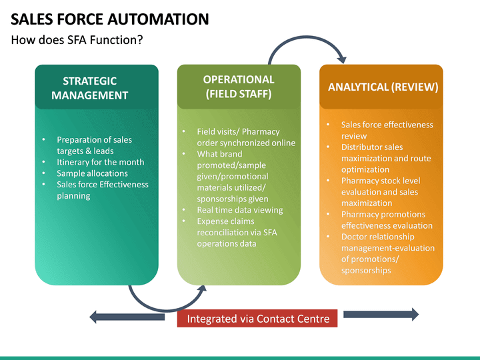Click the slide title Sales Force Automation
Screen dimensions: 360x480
110,19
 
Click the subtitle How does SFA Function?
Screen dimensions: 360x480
77,40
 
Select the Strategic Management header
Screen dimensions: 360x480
90,88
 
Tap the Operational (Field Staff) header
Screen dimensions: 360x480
239,87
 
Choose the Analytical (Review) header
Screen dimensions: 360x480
383,87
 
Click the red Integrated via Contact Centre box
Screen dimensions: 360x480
258,319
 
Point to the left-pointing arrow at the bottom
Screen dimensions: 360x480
127,316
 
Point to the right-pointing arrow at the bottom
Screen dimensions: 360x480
381,314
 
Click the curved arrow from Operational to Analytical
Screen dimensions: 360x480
307,47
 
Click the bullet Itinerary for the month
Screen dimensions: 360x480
100,162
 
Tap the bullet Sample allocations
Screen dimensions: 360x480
92,173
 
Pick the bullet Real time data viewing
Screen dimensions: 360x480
239,210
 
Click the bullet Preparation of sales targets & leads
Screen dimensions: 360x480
94,145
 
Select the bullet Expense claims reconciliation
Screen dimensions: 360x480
237,232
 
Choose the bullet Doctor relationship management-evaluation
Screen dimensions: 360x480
387,253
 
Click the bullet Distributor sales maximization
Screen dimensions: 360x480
385,158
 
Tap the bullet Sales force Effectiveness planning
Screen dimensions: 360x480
102,190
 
